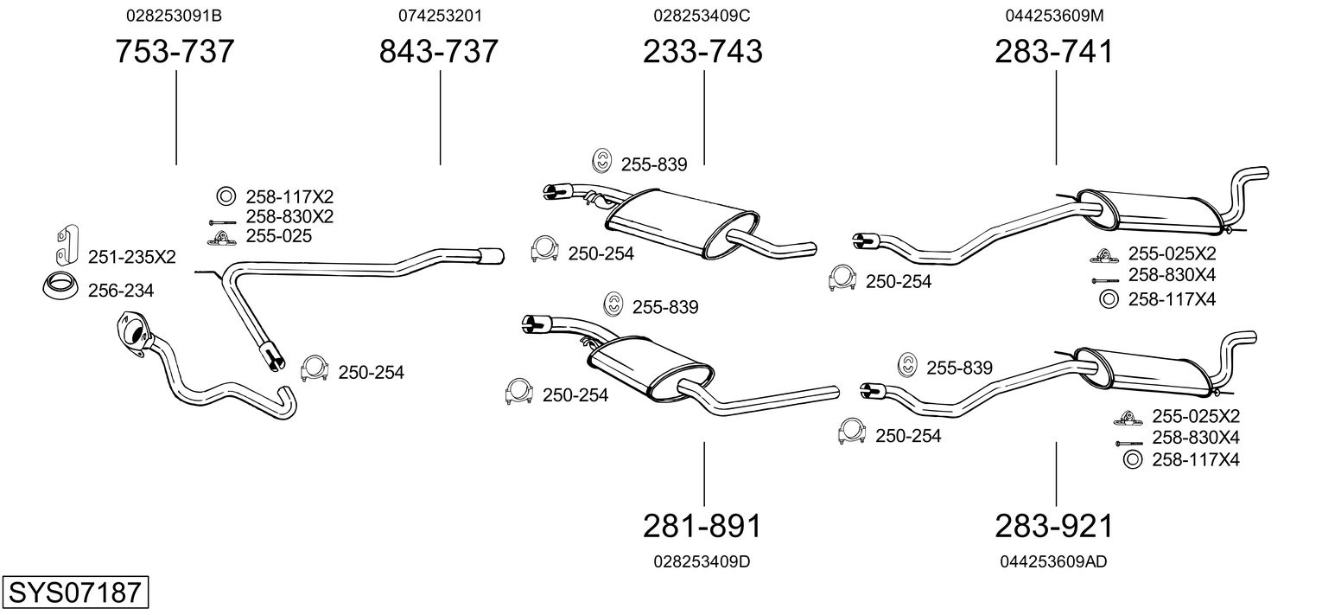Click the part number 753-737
pos(175,52)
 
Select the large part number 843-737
pos(439,52)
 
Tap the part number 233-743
pos(702,52)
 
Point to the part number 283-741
pos(1054,52)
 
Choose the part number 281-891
pos(702,526)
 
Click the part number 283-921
pos(1054,526)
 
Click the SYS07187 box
pos(74,593)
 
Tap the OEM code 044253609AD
pos(1053,561)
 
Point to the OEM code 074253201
pos(440,16)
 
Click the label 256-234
pos(121,291)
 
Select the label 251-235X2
pos(131,257)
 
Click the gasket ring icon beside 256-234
pos(59,285)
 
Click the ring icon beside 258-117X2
pos(224,196)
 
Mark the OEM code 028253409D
pos(702,561)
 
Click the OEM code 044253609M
pos(1054,16)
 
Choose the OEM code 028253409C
pos(702,16)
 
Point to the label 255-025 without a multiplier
pos(278,235)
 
